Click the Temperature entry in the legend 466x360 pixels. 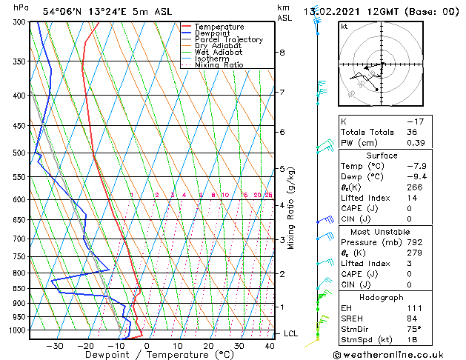coord(219,27)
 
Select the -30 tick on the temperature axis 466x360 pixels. coord(54,346)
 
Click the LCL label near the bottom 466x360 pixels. coord(291,334)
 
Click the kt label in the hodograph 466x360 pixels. coord(344,27)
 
